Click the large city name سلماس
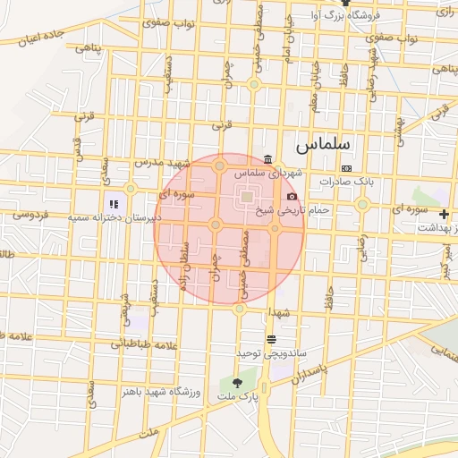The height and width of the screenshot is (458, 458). (x=324, y=143)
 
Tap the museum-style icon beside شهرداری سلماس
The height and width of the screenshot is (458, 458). (x=268, y=159)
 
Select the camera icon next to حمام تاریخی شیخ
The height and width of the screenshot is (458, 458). (x=292, y=196)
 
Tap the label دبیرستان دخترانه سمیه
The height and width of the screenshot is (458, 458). (x=126, y=217)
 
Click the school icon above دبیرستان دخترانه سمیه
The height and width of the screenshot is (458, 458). (x=113, y=205)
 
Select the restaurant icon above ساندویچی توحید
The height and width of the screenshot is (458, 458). (x=271, y=339)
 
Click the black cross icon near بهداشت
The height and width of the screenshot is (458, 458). (x=444, y=214)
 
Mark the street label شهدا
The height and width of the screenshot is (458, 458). (x=277, y=312)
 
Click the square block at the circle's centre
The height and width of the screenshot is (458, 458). (x=246, y=197)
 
